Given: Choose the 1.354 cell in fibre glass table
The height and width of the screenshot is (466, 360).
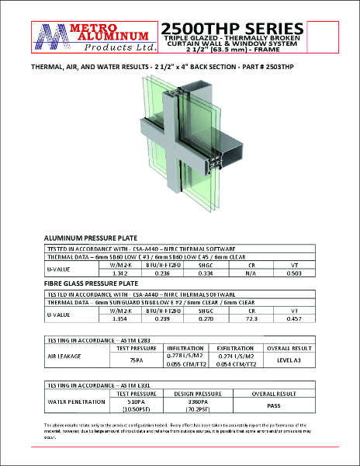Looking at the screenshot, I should pyautogui.click(x=119, y=318).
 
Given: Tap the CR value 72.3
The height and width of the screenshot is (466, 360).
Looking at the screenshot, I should pyautogui.click(x=251, y=318).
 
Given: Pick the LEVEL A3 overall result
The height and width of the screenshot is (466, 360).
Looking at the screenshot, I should pyautogui.click(x=289, y=360).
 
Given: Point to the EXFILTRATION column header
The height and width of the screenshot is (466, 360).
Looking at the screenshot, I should pyautogui.click(x=234, y=348).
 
